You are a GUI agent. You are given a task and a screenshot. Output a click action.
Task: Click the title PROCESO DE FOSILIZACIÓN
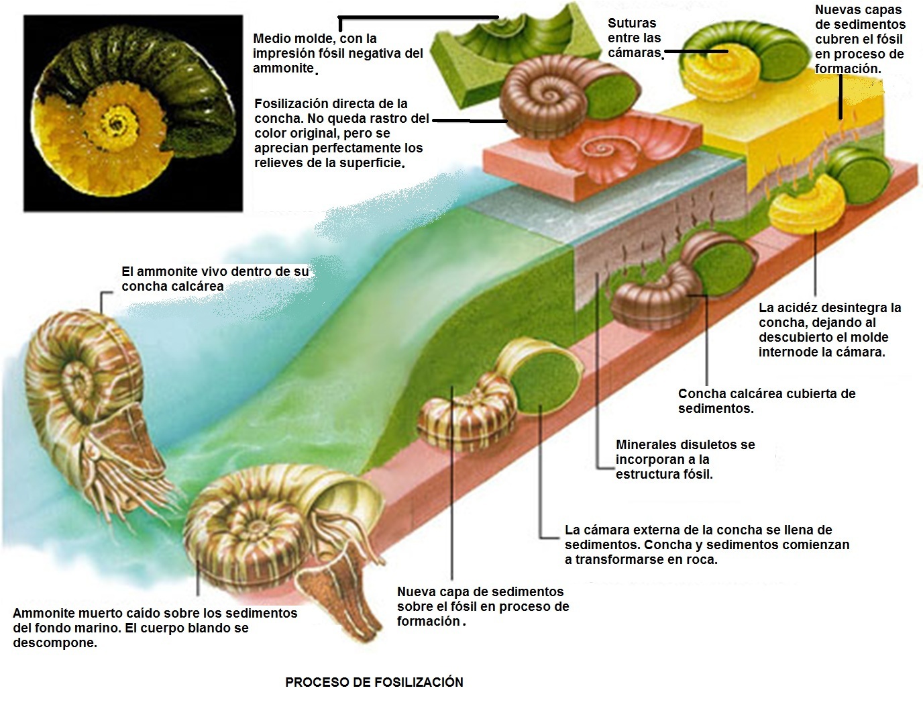click(x=374, y=682)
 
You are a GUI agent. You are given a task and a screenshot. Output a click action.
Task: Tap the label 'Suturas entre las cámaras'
click(x=634, y=38)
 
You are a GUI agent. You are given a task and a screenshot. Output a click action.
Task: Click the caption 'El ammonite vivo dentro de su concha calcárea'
click(x=215, y=279)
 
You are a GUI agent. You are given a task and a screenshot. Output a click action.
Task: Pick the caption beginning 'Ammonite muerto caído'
click(x=154, y=628)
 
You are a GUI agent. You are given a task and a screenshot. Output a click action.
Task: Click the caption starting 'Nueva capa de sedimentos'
click(x=483, y=606)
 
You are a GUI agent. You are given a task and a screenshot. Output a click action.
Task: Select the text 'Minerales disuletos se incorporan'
click(x=685, y=459)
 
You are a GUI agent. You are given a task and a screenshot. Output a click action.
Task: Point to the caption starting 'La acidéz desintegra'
click(x=830, y=329)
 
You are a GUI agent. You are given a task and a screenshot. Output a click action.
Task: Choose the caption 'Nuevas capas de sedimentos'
click(x=859, y=39)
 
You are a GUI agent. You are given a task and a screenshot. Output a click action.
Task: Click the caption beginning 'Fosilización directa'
click(x=341, y=133)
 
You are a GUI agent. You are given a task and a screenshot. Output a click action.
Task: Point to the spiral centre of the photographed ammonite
click(x=120, y=125)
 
